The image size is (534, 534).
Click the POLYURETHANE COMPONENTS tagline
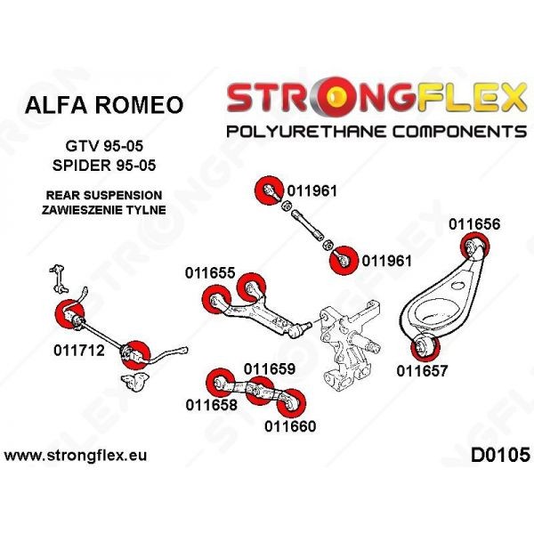pyautogui.click(x=376, y=132)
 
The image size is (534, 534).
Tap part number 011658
pyautogui.click(x=212, y=405)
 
